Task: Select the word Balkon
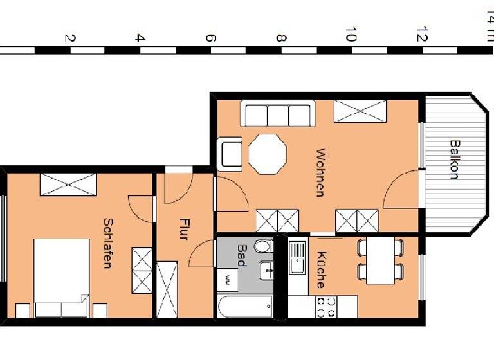[454, 159]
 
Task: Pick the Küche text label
[320, 269]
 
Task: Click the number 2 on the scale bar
[69, 38]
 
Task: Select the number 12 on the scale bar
[421, 35]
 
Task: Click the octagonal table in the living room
[267, 154]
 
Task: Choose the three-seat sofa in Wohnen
[277, 114]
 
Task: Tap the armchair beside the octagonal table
[230, 154]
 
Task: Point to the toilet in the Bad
[264, 246]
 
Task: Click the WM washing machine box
[227, 280]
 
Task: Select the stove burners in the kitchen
[322, 306]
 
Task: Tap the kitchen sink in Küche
[297, 256]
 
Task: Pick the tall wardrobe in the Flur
[167, 289]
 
